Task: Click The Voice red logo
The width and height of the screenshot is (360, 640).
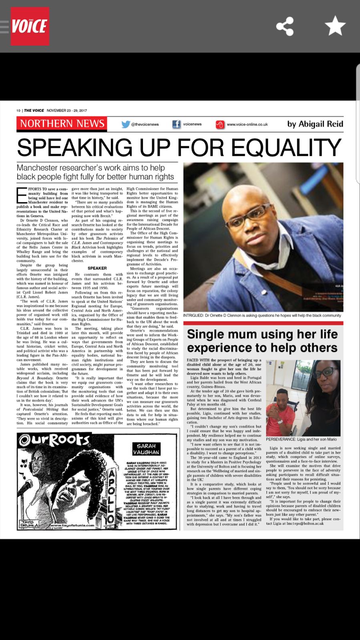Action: (x=30, y=26)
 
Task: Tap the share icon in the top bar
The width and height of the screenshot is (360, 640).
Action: (x=285, y=26)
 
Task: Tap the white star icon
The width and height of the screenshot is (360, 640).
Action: (x=335, y=26)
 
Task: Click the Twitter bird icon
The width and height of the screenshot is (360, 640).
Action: (x=126, y=124)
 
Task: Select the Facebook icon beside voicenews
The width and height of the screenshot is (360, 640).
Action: (x=176, y=124)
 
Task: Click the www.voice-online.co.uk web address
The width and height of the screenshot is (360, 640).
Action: (x=247, y=124)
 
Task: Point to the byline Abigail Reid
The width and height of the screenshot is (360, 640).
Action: (x=315, y=124)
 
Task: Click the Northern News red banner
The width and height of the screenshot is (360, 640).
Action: (x=62, y=123)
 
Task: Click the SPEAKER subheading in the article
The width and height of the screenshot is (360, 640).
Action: (x=97, y=268)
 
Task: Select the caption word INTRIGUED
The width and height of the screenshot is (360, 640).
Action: (x=193, y=315)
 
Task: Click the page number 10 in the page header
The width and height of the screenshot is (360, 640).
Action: (x=18, y=110)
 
